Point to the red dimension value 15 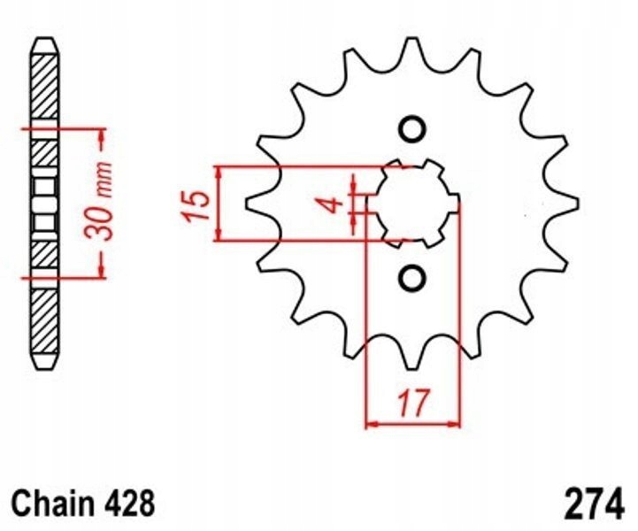pos(198,204)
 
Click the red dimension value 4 pos(331,204)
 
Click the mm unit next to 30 pos(104,182)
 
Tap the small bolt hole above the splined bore pos(411,129)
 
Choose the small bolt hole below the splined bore pos(411,280)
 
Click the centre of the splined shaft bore pos(411,204)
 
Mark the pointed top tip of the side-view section pos(44,41)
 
